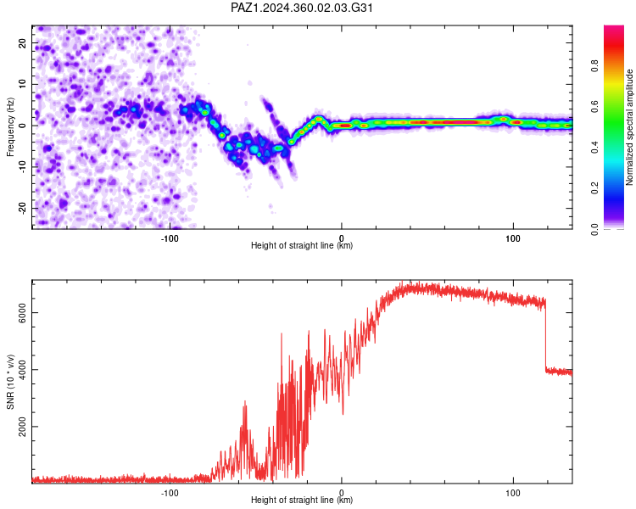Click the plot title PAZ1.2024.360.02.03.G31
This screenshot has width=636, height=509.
pos(301,8)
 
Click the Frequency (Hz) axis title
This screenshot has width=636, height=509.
pos(10,127)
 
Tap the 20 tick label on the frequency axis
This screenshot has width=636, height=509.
pos(22,43)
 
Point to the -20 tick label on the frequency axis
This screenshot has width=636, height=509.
pos(22,208)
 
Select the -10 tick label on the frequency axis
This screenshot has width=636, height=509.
pos(22,167)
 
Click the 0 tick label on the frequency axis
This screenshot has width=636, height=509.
pos(22,126)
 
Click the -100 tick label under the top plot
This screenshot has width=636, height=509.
pos(170,238)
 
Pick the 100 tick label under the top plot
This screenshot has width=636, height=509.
pos(513,238)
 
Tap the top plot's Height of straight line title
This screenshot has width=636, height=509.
pos(302,245)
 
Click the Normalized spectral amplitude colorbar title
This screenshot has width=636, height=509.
pos(629,127)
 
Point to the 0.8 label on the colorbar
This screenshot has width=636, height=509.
pos(594,65)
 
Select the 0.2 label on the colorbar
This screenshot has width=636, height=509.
pos(594,188)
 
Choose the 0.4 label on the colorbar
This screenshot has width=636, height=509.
pos(594,148)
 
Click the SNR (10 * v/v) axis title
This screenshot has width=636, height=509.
pos(10,382)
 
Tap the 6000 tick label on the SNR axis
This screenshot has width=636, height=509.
pos(22,313)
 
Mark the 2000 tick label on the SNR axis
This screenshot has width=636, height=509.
pos(22,427)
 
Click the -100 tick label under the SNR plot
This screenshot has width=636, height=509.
pos(170,493)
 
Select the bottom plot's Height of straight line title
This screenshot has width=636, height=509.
pos(302,500)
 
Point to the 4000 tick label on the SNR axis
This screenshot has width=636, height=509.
pos(22,370)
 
